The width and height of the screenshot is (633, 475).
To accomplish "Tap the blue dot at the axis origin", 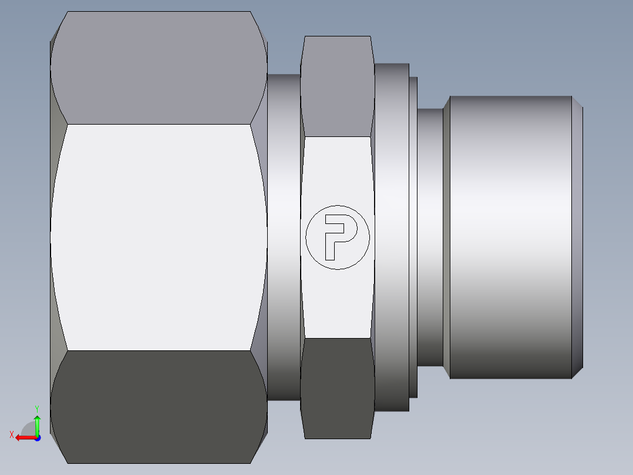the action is [x=38, y=438].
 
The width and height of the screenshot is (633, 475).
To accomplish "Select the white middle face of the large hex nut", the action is [x=159, y=237].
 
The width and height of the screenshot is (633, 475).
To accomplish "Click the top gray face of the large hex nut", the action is [x=159, y=68].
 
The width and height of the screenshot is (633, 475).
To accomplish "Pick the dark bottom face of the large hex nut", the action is [x=159, y=407].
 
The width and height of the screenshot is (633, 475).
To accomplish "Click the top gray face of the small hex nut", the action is [x=338, y=86].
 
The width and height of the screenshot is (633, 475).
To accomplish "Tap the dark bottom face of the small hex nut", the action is [x=338, y=388].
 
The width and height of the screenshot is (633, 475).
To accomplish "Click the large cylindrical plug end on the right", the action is [x=511, y=237].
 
